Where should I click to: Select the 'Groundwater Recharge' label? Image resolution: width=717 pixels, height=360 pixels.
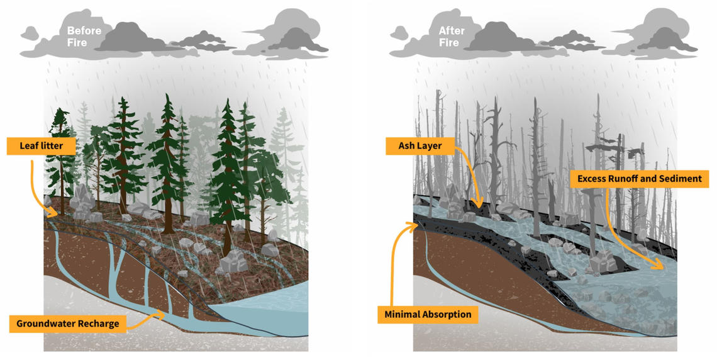68,323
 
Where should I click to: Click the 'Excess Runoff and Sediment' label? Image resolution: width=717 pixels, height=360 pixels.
639,179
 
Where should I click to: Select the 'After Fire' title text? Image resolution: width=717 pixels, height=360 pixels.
452,37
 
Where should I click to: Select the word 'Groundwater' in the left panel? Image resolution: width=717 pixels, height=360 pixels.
46,323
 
